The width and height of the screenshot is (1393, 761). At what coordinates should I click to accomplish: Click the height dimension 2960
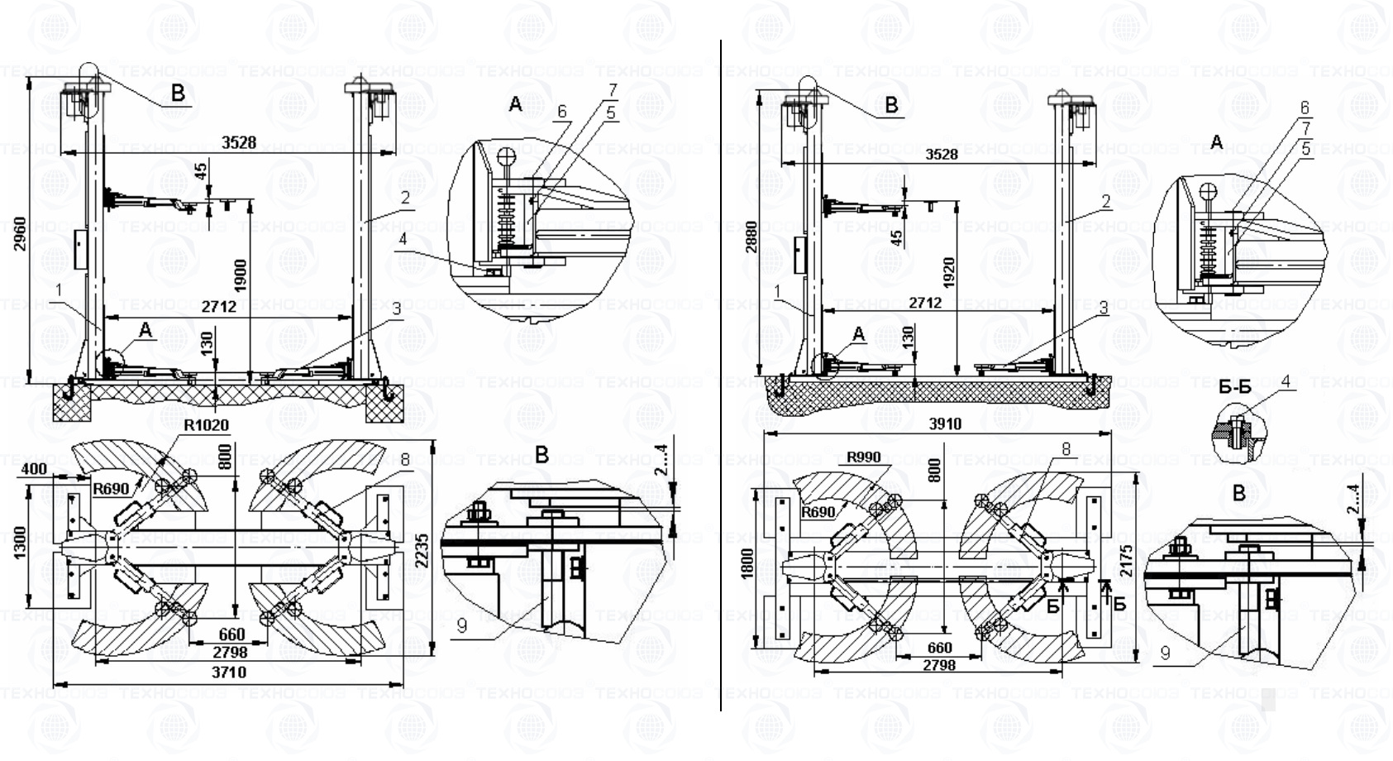pos(21,233)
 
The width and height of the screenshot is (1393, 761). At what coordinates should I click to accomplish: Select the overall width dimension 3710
pos(228,672)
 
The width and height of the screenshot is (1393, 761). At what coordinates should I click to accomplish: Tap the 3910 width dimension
pos(945,424)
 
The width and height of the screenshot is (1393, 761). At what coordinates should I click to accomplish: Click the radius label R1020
pos(206,425)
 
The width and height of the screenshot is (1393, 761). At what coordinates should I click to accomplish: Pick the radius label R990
pos(864,457)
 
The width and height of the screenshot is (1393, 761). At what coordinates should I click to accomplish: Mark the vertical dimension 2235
pos(422,549)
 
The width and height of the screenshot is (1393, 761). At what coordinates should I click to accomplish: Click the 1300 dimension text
pos(21,543)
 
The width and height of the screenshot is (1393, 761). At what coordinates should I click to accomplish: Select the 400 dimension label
pos(34,469)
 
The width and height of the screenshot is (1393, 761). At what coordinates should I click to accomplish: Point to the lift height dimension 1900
pos(241,275)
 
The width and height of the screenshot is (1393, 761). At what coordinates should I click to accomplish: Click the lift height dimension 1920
pos(948,273)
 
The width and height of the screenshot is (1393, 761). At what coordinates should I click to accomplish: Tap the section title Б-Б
pos(1234,387)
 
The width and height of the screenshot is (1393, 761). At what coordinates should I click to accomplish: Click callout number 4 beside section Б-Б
pos(1286,381)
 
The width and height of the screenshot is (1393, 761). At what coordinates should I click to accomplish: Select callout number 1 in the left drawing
pos(59,290)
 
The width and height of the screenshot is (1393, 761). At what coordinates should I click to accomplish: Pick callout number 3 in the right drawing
pos(1103,309)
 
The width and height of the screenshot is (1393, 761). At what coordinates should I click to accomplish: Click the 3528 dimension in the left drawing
pos(238,142)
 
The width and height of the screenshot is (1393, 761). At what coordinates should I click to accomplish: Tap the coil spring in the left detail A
pos(505,217)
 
